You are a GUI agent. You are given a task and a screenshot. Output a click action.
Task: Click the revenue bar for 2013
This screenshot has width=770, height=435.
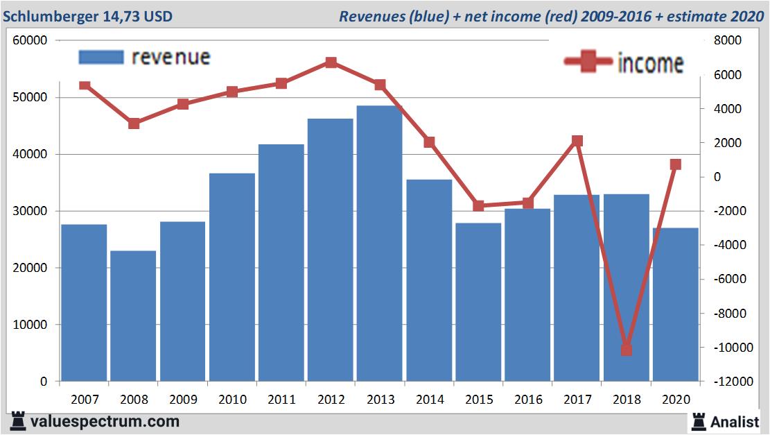pos(380,243)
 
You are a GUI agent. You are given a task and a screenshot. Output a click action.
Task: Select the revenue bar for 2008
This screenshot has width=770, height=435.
pos(133,316)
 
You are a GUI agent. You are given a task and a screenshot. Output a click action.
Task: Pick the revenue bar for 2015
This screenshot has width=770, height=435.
pos(478,302)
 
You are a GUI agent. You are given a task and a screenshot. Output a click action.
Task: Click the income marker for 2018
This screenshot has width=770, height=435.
pos(627,350)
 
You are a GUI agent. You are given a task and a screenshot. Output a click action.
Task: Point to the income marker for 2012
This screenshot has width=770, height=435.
pos(331,62)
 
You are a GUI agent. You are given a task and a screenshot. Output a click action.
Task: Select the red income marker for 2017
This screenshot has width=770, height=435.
pos(577,141)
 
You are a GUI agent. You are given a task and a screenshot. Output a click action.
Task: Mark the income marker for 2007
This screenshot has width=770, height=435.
pos(85,85)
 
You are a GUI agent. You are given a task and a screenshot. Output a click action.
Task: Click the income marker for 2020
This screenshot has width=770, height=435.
pos(676,164)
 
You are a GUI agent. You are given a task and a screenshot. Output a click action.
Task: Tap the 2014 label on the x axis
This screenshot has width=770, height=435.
pos(430,400)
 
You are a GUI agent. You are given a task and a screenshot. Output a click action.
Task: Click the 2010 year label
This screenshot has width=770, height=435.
pos(232,400)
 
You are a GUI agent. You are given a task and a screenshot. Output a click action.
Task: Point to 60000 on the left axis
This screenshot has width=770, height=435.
pos(30,40)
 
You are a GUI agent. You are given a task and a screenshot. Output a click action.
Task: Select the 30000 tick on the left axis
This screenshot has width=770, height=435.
pos(30,211)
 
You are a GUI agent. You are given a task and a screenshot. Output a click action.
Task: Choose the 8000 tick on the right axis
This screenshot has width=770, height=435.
pos(728,40)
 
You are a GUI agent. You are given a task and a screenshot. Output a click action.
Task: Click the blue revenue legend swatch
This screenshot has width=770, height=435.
pos(100,57)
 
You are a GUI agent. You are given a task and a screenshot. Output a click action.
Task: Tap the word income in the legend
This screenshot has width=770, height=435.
pos(650,63)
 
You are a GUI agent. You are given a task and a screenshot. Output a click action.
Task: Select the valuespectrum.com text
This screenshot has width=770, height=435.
pos(105,421)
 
